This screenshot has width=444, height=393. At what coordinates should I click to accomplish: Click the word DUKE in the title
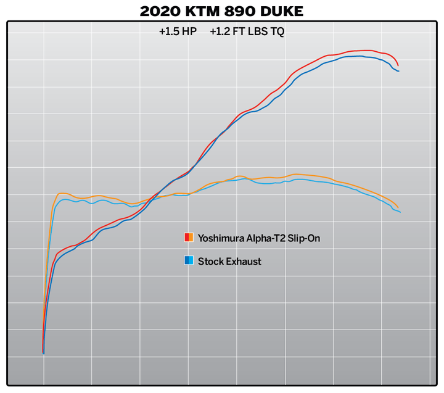(282, 10)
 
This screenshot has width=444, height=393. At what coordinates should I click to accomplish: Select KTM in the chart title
(205, 10)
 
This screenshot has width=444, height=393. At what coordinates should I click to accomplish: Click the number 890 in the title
(242, 10)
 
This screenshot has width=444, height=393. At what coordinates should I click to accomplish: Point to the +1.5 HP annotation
(177, 31)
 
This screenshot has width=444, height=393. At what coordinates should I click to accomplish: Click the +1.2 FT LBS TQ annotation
(247, 31)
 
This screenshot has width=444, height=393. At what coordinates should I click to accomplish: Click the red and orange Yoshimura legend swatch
(189, 238)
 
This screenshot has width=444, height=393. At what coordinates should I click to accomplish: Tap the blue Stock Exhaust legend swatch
(189, 261)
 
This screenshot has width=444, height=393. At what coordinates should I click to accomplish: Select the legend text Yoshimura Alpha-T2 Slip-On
(258, 238)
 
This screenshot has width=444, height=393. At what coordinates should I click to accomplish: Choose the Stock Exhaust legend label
(229, 261)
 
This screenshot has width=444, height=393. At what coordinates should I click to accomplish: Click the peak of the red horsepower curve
(368, 51)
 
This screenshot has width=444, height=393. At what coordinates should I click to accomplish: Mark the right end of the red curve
(398, 65)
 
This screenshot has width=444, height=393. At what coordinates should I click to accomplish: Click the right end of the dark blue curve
(398, 71)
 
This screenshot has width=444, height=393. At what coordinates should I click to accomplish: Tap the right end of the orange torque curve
(398, 207)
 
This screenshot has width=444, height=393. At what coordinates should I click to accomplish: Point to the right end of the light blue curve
(400, 212)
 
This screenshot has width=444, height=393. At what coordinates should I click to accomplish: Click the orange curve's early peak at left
(62, 193)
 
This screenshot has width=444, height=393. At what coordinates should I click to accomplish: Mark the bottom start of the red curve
(43, 352)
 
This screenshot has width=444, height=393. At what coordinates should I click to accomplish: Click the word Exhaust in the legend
(242, 261)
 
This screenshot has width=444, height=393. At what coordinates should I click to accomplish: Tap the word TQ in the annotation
(277, 31)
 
